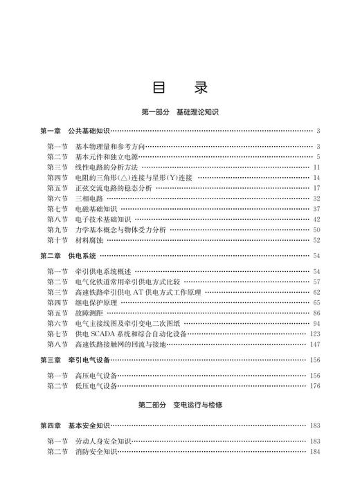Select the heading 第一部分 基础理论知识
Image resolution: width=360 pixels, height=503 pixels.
179,111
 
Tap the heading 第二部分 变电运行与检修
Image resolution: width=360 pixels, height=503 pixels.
179,403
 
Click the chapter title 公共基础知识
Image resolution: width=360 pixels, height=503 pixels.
89,131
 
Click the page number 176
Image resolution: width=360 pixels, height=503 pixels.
314,386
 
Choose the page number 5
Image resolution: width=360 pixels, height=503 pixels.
317,157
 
